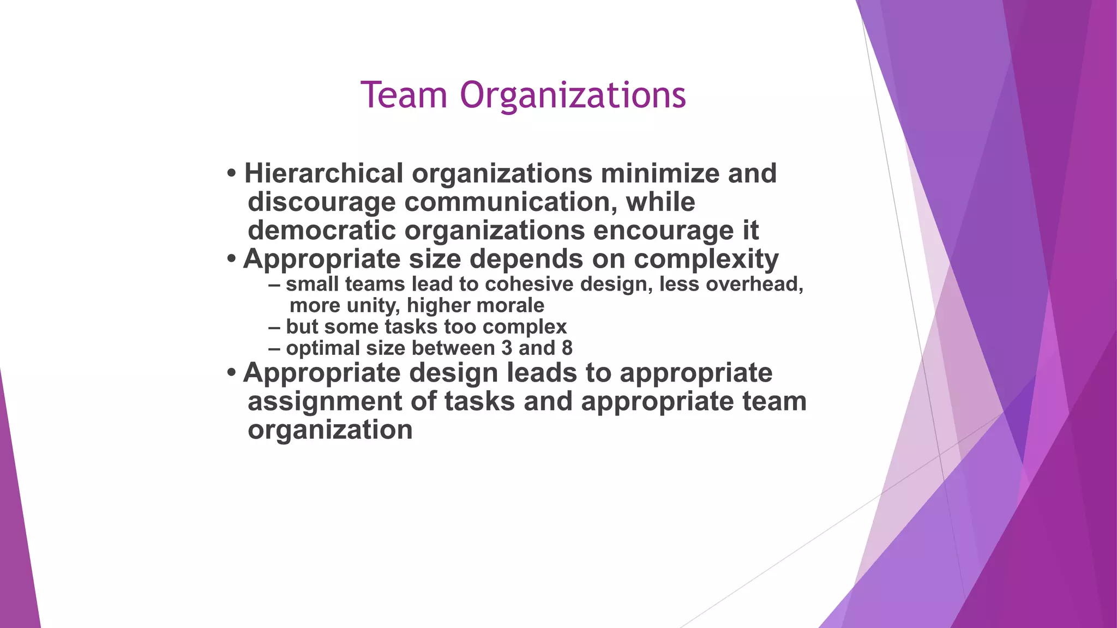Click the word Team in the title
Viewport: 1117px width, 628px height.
404,95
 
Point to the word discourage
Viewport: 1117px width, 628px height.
321,202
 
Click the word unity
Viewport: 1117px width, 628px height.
371,306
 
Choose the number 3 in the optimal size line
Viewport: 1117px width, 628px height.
507,348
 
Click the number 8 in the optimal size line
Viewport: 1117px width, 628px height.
567,348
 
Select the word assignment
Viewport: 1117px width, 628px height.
325,402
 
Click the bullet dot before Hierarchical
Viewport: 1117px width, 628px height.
232,174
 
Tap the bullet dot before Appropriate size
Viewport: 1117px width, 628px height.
232,259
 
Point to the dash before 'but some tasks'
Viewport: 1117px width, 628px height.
274,327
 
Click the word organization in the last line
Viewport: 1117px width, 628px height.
330,430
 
